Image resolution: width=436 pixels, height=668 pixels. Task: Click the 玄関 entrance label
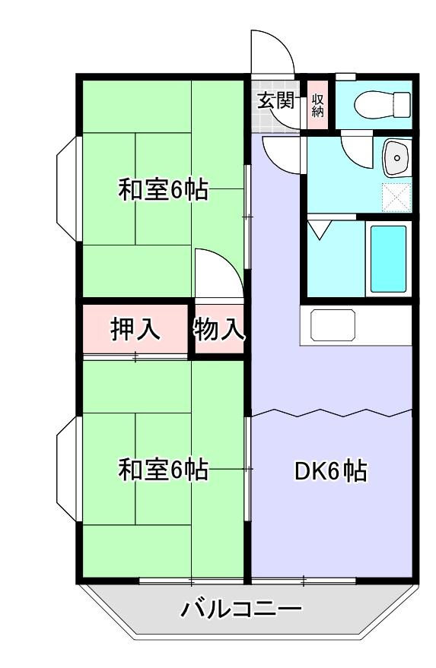[x=275, y=100]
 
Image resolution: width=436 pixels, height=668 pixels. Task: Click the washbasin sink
[x=395, y=157]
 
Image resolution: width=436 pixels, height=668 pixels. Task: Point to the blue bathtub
[x=388, y=258]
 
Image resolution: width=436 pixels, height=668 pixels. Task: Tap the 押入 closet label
[x=135, y=329]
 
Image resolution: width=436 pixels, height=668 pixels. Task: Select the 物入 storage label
[x=218, y=329]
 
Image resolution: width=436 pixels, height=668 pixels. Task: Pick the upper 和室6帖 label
[x=162, y=190]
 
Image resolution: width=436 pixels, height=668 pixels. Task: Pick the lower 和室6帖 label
[x=162, y=470]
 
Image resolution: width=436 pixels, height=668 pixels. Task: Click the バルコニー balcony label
[x=241, y=609]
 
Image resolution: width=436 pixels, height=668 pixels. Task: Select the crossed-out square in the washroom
[x=396, y=198]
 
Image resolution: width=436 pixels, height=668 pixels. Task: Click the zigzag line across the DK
[x=332, y=413]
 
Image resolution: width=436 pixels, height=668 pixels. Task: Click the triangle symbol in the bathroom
[x=317, y=230]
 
